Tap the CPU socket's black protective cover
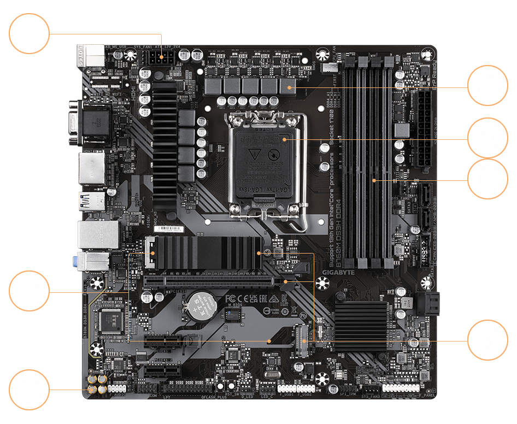(262, 158)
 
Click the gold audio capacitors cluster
(96, 384)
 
